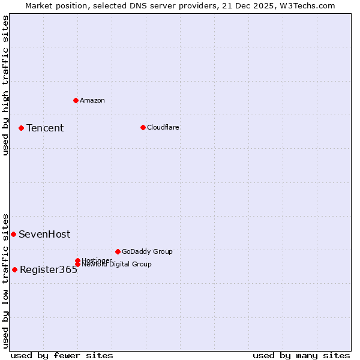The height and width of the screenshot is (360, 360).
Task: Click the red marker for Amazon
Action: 76,100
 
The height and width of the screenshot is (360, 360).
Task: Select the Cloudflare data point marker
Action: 143,127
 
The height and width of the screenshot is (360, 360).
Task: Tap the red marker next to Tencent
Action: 21,128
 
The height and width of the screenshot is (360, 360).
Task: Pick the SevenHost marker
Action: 13,234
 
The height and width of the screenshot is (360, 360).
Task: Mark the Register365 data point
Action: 14,269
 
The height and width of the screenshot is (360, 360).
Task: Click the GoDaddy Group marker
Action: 118,251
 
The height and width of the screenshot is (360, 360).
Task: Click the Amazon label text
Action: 92,100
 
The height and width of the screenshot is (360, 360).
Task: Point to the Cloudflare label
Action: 163,127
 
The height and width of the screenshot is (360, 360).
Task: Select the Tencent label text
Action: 45,128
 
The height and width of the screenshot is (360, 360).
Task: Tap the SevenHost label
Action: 44,234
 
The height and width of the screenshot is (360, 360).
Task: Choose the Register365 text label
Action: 49,269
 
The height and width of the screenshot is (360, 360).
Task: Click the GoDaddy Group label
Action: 147,251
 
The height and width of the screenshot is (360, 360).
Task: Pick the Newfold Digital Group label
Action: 116,265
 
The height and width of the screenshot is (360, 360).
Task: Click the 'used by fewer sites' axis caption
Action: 62,355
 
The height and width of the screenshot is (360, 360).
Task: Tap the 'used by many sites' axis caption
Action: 301,355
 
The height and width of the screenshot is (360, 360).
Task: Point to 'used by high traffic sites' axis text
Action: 6,85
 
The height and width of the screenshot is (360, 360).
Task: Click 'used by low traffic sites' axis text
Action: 6,281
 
